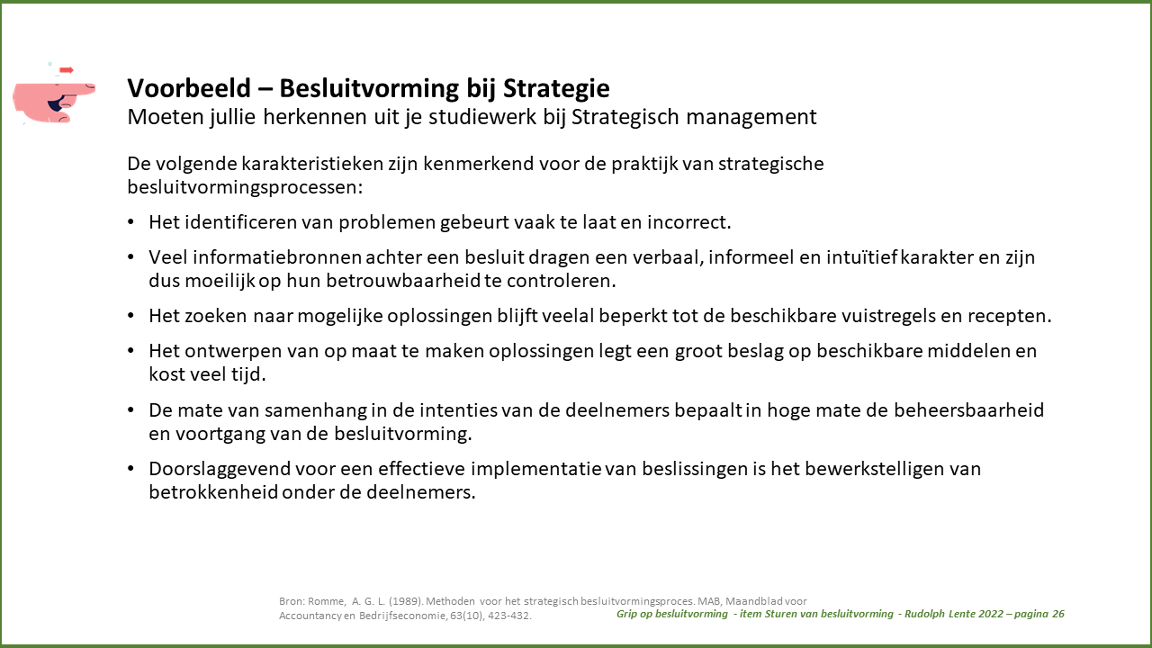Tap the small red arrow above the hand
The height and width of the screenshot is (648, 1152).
[67, 70]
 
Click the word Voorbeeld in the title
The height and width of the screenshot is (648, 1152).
[189, 88]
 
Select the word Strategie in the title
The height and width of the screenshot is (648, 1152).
[556, 89]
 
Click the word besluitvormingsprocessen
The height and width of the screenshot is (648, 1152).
[245, 187]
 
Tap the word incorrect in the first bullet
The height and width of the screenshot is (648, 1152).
[688, 222]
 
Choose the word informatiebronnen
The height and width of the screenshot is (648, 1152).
[277, 257]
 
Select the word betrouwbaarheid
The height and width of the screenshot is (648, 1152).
[403, 281]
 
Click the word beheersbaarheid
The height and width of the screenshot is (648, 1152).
[968, 410]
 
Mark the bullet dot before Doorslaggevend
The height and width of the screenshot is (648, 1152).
[130, 469]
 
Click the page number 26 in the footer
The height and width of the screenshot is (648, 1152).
[1057, 614]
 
